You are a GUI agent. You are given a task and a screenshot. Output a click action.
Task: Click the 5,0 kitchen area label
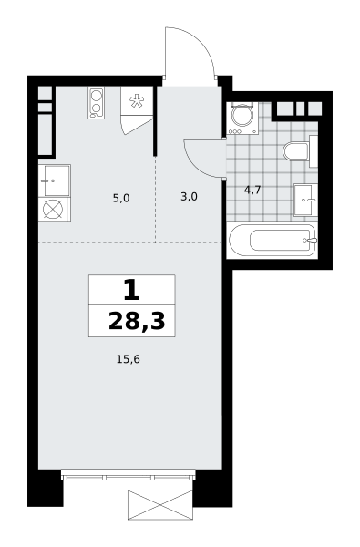pyautogui.click(x=121, y=199)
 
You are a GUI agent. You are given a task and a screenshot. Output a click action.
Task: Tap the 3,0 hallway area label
pyautogui.click(x=189, y=197)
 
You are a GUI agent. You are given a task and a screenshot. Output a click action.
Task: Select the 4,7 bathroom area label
pyautogui.click(x=252, y=191)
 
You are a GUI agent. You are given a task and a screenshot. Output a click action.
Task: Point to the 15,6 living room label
pyautogui.click(x=128, y=359)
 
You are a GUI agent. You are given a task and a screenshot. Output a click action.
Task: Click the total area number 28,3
pyautogui.click(x=137, y=321)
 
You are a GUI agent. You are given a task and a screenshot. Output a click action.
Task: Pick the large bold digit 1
pyautogui.click(x=132, y=291)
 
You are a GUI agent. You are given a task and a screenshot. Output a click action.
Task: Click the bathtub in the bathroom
pyautogui.click(x=273, y=241)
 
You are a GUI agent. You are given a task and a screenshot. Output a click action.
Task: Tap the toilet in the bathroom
pyautogui.click(x=296, y=151)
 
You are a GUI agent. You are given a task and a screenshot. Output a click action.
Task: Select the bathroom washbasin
pyautogui.click(x=305, y=201)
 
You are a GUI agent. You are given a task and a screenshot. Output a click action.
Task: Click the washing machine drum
pyautogui.click(x=242, y=115)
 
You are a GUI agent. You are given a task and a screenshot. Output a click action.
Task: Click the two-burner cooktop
pyautogui.click(x=97, y=102)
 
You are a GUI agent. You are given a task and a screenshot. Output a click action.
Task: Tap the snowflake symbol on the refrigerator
pyautogui.click(x=137, y=101)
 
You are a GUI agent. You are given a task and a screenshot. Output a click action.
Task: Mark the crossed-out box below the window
pyautogui.click(x=160, y=504)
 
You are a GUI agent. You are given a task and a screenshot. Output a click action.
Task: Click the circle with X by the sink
pyautogui.click(x=53, y=209)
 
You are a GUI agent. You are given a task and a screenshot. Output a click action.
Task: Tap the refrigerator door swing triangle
pyautogui.click(x=137, y=127)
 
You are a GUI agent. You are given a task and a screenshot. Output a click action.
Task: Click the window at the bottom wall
pyautogui.click(x=128, y=476)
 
